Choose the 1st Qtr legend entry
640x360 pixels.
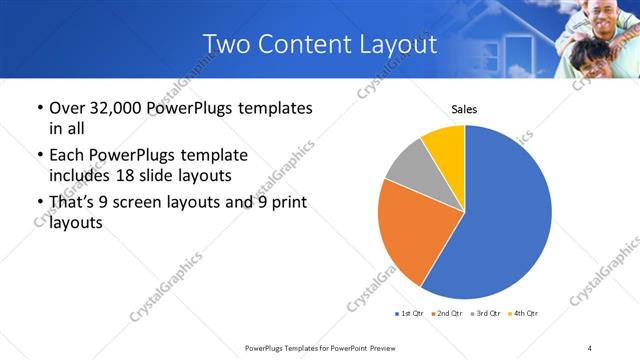tap(410, 314)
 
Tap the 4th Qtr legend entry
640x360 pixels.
tap(524, 314)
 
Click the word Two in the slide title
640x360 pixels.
tap(225, 44)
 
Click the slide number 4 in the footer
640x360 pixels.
tap(589, 347)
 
